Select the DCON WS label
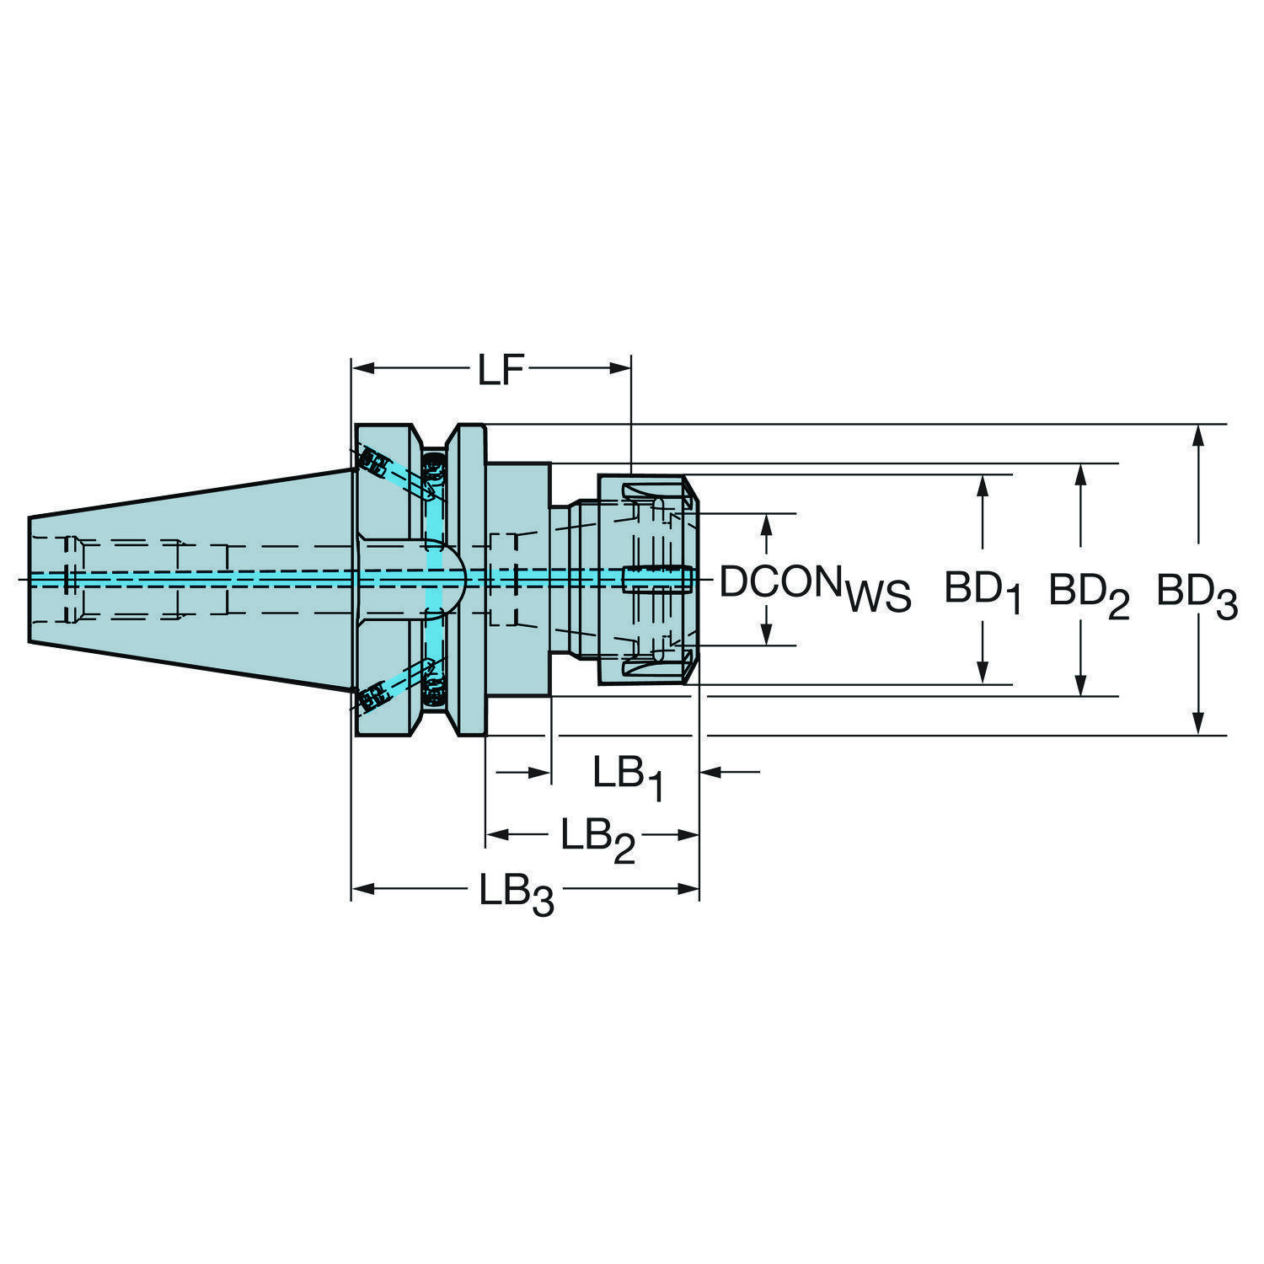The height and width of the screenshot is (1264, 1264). pyautogui.click(x=815, y=586)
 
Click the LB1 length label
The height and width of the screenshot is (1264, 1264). pyautogui.click(x=628, y=777)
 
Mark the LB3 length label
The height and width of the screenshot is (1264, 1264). pyautogui.click(x=517, y=893)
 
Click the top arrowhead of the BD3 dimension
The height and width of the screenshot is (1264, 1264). pyautogui.click(x=1197, y=437)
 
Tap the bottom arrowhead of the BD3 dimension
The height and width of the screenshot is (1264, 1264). pyautogui.click(x=1197, y=722)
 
